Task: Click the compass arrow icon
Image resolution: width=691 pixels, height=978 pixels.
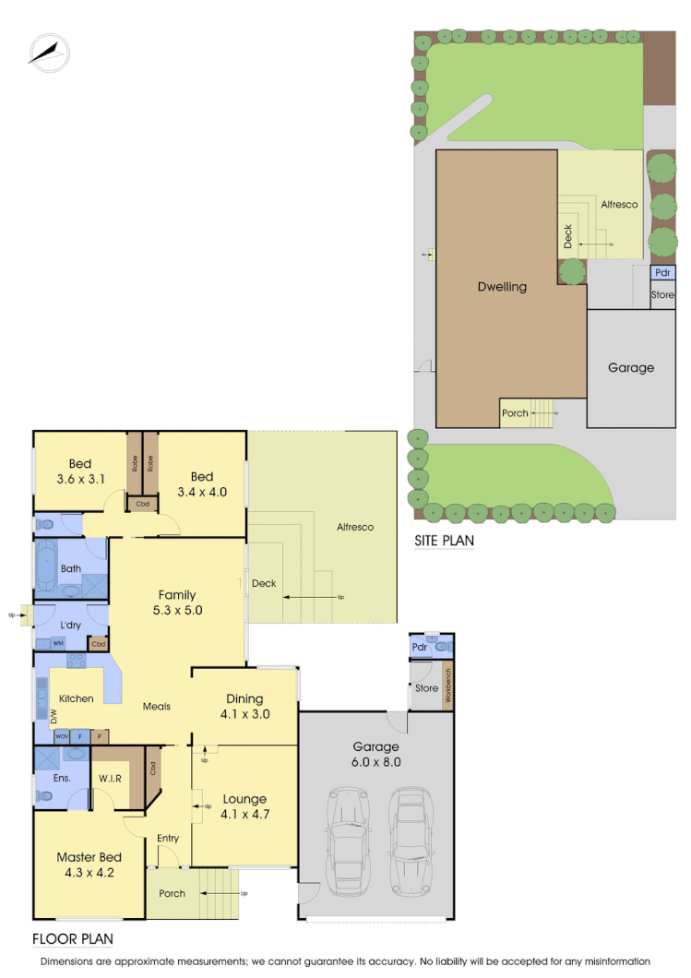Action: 48,52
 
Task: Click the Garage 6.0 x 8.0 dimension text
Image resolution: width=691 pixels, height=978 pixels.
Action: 376,754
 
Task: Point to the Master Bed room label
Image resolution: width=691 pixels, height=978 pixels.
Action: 89,864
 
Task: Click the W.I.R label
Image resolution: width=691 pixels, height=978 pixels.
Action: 112,778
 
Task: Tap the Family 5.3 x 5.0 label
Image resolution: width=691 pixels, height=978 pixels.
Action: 176,602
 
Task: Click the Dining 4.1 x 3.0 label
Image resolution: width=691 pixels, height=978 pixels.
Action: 244,706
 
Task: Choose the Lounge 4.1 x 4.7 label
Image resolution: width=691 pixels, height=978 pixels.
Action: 244,805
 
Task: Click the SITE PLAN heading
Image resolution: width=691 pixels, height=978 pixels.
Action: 444,541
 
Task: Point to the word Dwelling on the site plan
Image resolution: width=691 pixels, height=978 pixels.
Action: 502,287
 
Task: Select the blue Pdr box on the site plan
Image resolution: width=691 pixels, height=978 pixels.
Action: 662,273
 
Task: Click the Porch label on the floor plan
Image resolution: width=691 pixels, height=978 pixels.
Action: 172,893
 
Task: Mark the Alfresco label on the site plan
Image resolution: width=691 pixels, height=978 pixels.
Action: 619,204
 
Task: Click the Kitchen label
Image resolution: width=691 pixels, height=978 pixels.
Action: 76,698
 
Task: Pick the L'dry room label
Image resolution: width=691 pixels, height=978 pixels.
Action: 72,614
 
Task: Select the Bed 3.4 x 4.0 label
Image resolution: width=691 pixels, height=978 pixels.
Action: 202,483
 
